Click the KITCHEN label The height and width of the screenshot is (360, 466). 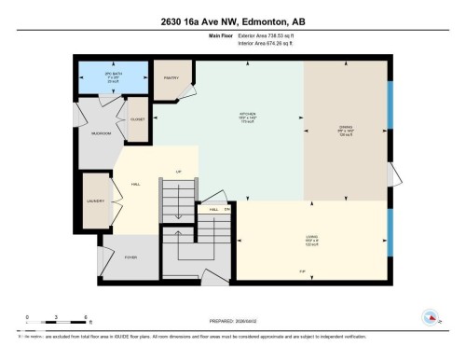pos(248,117)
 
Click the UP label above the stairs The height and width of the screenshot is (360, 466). pos(178,172)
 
